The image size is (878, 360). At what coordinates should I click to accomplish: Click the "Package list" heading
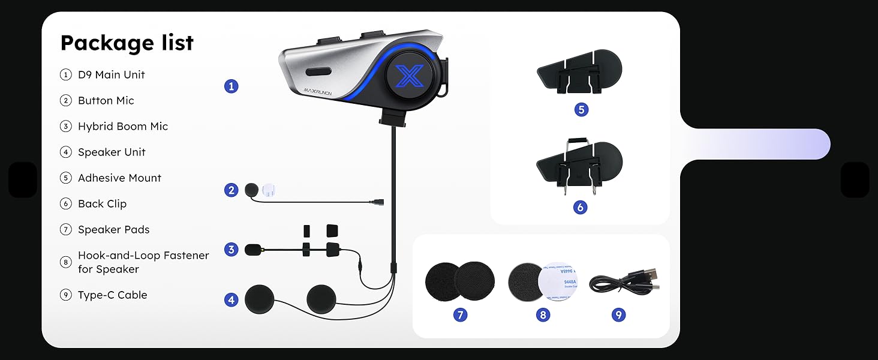127,43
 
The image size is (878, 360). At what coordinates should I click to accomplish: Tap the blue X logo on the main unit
409,75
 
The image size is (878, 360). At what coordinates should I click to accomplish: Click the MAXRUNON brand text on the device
317,92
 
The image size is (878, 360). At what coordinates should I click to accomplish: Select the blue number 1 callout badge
231,86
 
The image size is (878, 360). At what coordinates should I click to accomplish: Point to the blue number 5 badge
581,109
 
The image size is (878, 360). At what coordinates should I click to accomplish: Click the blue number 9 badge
618,314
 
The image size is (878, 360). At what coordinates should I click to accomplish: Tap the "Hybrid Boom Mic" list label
123,126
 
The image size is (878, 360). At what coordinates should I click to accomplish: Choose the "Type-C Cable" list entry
113,295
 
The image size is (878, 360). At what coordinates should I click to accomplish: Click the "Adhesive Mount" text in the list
119,178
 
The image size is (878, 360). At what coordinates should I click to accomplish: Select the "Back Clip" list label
103,204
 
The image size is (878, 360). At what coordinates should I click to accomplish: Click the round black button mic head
252,190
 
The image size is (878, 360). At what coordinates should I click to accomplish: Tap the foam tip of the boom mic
253,250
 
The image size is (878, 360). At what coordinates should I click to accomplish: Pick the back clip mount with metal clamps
579,166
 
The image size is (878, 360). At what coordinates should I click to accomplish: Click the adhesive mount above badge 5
579,71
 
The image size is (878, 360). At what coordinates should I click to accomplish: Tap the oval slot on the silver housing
318,72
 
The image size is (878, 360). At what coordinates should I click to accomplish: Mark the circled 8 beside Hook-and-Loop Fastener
65,262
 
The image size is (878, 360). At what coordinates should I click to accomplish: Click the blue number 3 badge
231,250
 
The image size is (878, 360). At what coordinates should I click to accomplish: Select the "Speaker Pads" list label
114,230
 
